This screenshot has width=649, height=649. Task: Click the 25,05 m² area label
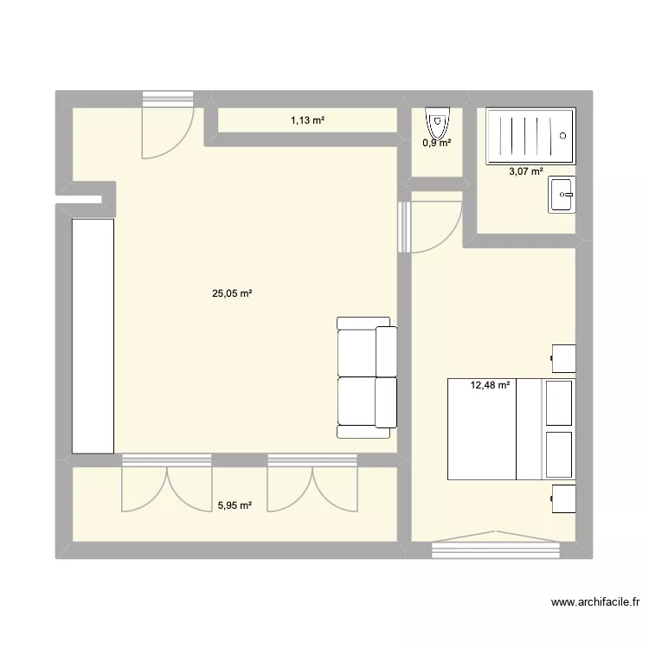click(x=232, y=293)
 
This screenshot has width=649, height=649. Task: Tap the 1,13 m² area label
click(x=307, y=120)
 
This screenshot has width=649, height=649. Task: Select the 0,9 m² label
click(x=436, y=143)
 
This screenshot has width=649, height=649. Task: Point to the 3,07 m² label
click(x=526, y=170)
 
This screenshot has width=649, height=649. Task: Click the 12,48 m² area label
click(x=490, y=385)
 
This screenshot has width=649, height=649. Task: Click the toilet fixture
click(x=438, y=122)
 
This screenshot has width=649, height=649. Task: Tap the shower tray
click(x=530, y=136)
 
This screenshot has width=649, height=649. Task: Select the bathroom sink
click(x=562, y=195)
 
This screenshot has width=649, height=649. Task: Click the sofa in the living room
click(x=367, y=376)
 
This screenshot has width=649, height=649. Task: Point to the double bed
click(x=511, y=428)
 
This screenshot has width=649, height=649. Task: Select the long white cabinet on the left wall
click(x=93, y=335)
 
